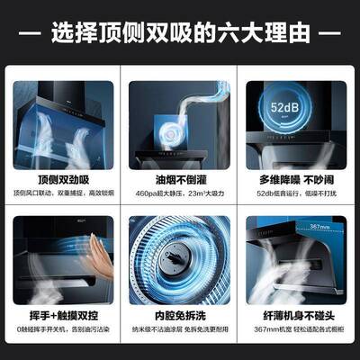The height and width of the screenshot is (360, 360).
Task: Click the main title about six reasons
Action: [x=180, y=33]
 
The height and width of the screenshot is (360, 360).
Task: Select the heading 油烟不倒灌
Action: [x=180, y=180]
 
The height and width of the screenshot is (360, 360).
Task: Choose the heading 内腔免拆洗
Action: [x=180, y=318]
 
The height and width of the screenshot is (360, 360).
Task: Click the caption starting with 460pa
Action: [x=180, y=195]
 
